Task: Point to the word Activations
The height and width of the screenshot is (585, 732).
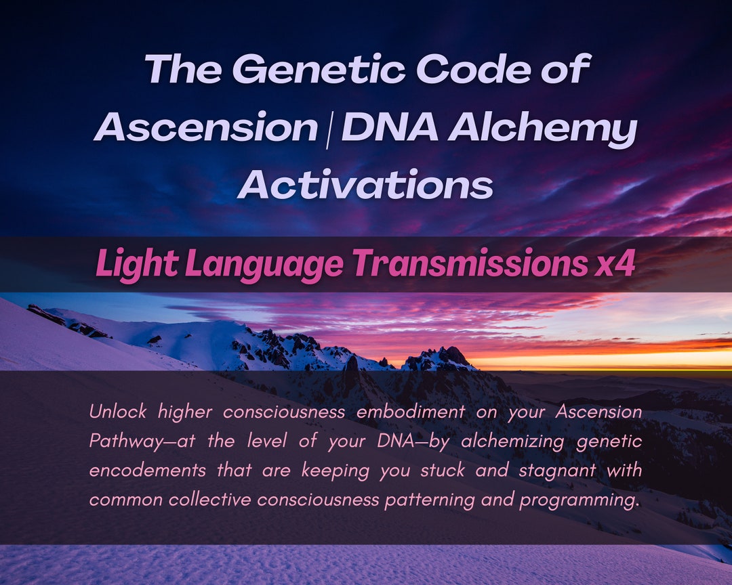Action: click(x=365, y=184)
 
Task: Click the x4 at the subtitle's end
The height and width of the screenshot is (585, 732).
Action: click(x=615, y=264)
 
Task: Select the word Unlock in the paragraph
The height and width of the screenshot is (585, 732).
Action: click(x=118, y=411)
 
